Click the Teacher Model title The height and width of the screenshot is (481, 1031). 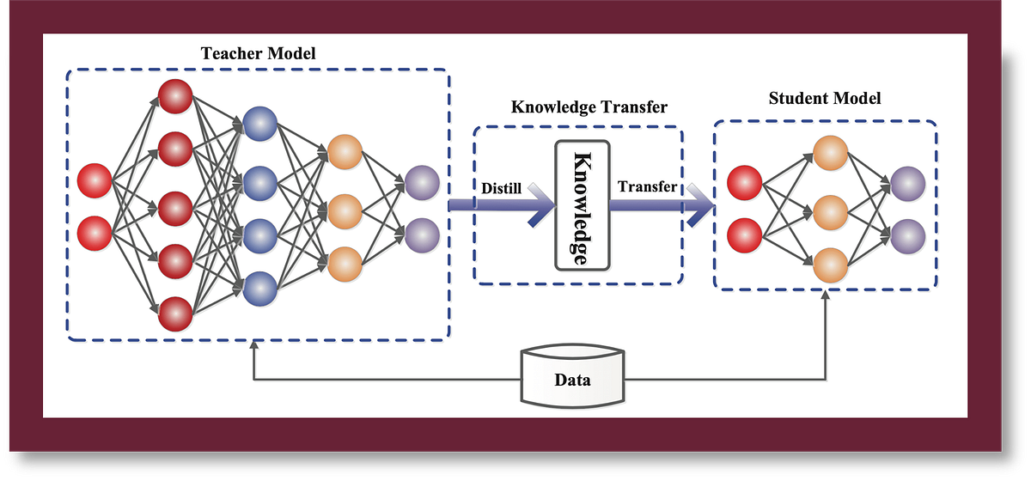(259, 53)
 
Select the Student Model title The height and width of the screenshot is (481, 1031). (824, 98)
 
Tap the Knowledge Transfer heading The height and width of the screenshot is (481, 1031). (589, 107)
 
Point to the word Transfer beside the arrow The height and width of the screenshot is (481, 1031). (647, 186)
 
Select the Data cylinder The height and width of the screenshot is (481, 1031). (572, 378)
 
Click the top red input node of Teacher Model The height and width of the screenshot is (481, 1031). (95, 181)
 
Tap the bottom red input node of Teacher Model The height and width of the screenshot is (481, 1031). (95, 232)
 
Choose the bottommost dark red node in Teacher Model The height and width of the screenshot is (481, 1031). (175, 314)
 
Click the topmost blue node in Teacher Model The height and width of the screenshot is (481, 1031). (259, 125)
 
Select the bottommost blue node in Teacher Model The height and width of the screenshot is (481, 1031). (259, 289)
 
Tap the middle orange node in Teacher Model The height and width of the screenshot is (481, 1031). (345, 210)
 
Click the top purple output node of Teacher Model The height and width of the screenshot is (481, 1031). (421, 182)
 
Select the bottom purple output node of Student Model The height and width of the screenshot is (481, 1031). (907, 234)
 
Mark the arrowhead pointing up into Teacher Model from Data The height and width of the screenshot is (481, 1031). (253, 346)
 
